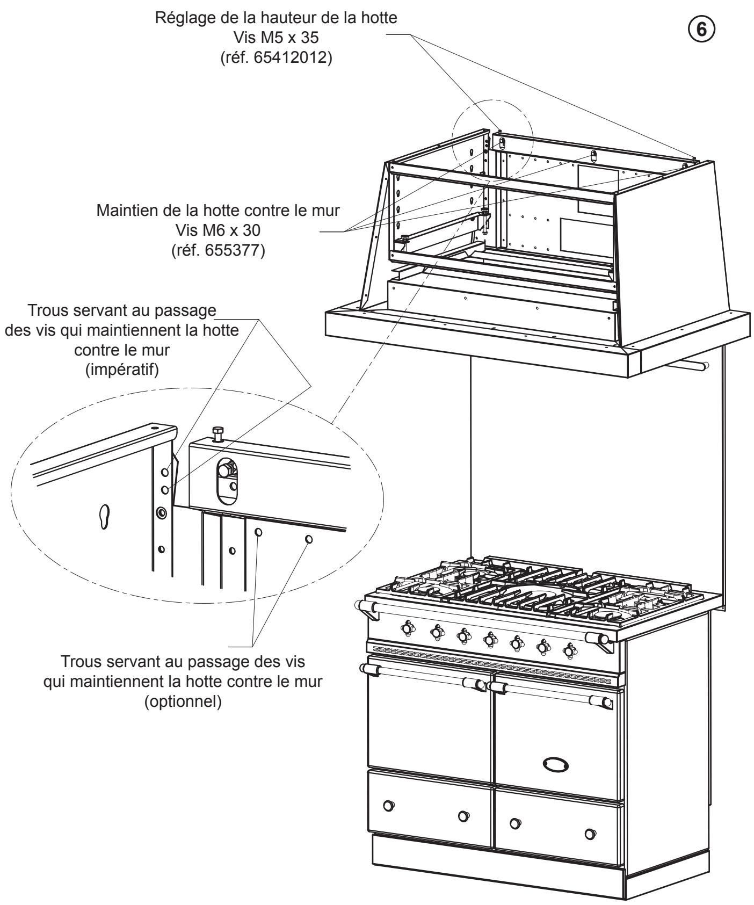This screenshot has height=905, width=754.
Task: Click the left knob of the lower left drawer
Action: click(x=388, y=805)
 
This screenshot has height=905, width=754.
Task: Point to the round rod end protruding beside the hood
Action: click(x=705, y=366)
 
